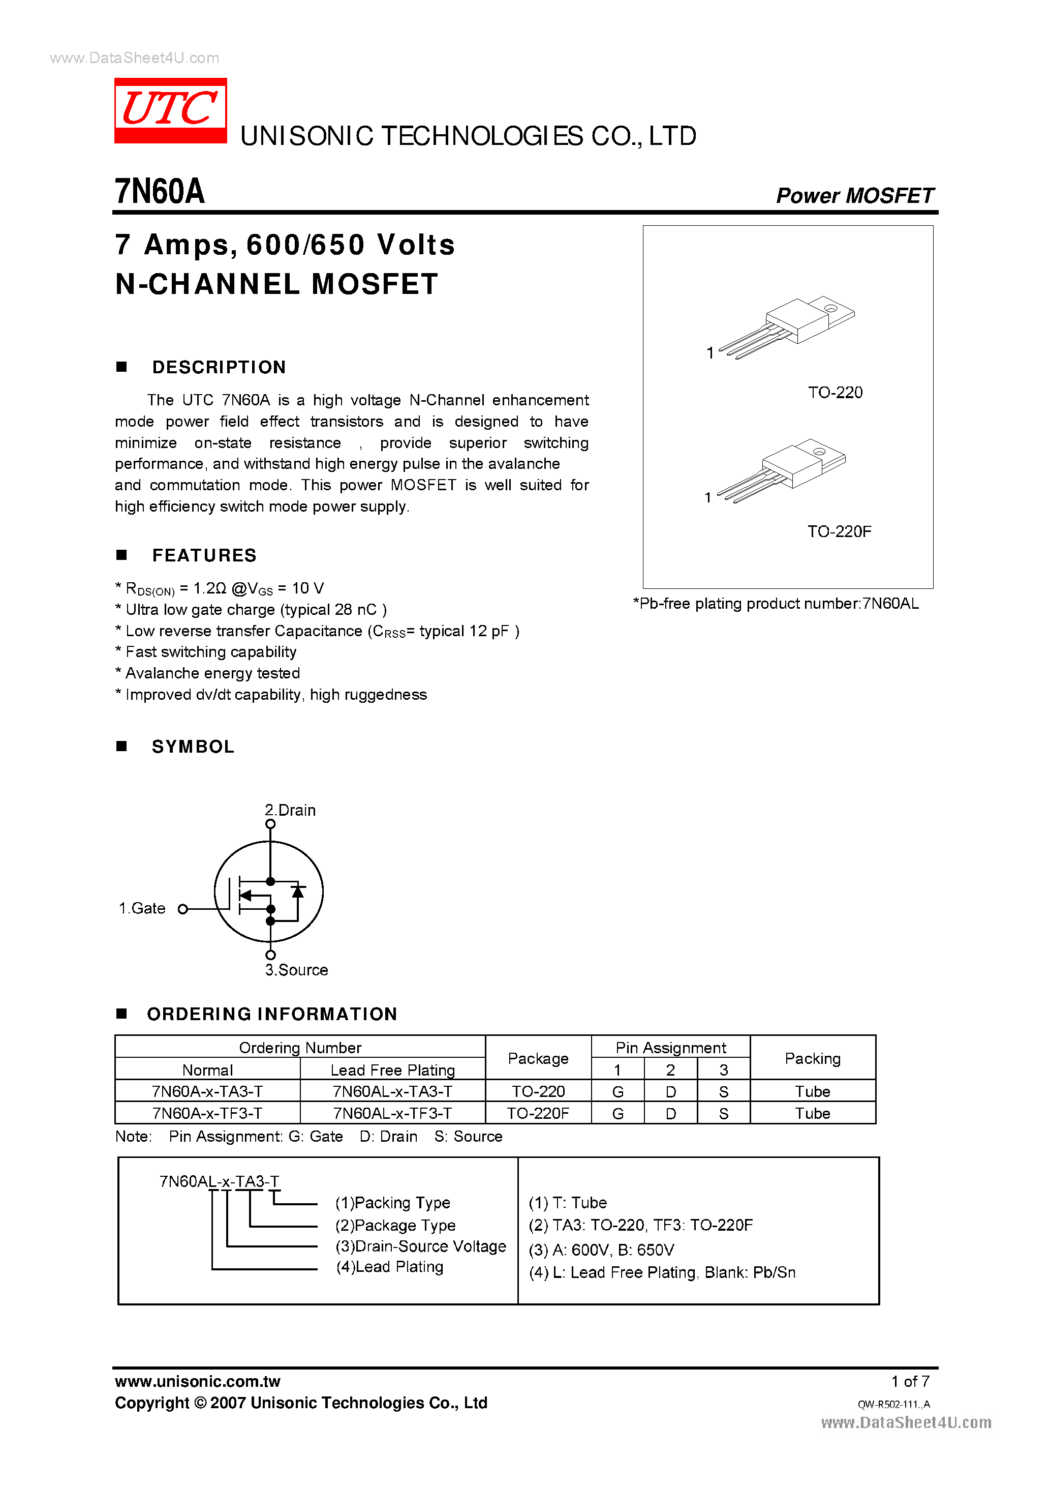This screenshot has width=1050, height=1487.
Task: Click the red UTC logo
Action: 170,110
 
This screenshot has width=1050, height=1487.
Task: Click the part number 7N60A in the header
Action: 159,192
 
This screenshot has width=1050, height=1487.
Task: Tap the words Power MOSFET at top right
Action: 854,196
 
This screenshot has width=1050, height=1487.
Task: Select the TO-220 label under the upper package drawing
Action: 835,393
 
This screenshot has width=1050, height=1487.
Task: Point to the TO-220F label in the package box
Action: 839,532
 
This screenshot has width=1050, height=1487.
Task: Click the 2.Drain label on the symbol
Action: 290,810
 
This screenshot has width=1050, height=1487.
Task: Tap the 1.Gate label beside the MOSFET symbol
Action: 142,909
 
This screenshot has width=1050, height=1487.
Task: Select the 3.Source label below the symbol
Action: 296,970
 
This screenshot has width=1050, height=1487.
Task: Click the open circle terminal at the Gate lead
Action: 182,909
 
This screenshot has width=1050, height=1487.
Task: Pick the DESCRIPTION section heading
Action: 219,367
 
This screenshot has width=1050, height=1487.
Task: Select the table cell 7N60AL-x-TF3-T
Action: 392,1113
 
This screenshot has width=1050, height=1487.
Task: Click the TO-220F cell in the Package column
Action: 538,1113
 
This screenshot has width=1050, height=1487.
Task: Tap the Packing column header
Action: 813,1058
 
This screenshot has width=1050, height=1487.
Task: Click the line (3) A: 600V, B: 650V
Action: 601,1250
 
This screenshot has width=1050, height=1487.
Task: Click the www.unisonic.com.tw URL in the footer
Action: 197,1381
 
